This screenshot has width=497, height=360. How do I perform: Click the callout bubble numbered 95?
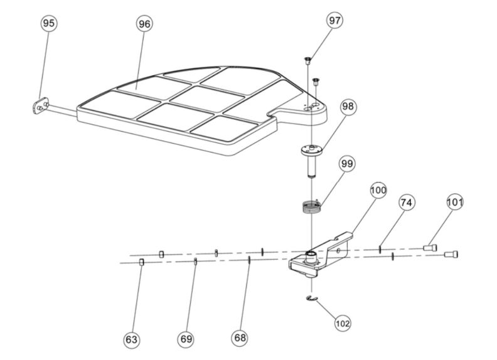[48, 23]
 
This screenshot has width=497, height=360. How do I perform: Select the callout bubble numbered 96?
[145, 23]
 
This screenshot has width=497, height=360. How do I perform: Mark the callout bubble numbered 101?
[455, 202]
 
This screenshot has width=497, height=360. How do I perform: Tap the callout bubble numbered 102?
[343, 324]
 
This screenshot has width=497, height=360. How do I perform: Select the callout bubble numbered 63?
[131, 339]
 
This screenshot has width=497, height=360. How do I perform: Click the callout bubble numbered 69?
[186, 339]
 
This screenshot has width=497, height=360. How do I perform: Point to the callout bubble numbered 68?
[240, 337]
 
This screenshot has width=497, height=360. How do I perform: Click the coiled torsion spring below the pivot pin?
[309, 207]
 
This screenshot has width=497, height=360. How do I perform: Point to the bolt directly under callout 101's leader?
[430, 248]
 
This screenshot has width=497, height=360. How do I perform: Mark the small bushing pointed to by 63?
[142, 262]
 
